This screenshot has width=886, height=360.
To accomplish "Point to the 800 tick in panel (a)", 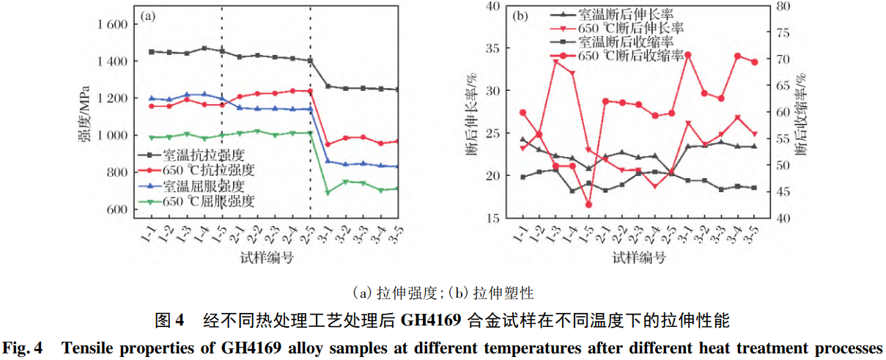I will tap(113, 172).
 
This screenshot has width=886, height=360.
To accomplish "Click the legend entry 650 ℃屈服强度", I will tap(209, 200).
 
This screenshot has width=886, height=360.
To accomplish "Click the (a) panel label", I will tap(147, 16).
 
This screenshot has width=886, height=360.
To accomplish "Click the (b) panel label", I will tap(521, 16).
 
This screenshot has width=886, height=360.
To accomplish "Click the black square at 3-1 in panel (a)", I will tap(328, 86).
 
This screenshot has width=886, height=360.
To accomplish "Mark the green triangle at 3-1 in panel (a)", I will tap(328, 192).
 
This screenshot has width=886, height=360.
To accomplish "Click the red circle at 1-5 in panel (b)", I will tap(588, 205).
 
